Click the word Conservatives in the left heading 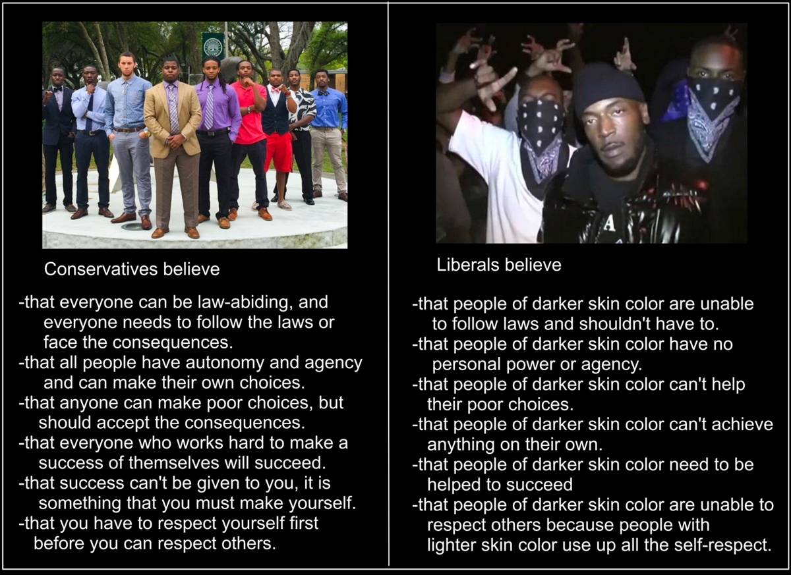pyautogui.click(x=101, y=269)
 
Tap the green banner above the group pyautogui.click(x=213, y=45)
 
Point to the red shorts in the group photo pyautogui.click(x=279, y=151)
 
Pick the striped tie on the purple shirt pyautogui.click(x=210, y=107)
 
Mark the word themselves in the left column pyautogui.click(x=175, y=463)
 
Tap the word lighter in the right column pyautogui.click(x=452, y=545)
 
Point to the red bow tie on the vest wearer pyautogui.click(x=276, y=90)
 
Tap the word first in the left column pyautogui.click(x=304, y=523)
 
